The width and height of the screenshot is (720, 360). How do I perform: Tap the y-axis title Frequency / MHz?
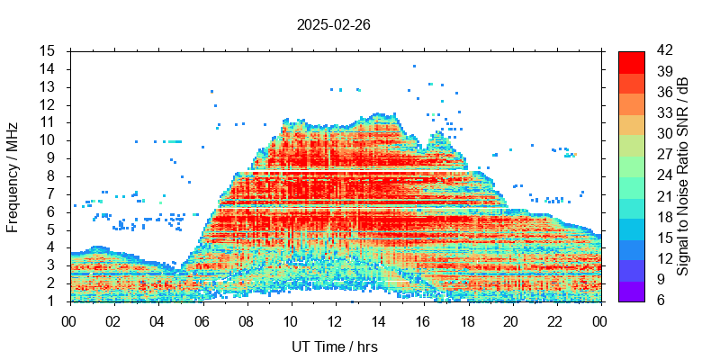[x=13, y=175]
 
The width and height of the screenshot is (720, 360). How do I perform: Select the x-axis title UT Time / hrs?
[x=335, y=346]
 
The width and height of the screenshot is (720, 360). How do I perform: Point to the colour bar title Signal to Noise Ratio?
[x=683, y=175]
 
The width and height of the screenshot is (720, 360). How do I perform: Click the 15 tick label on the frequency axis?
[x=48, y=50]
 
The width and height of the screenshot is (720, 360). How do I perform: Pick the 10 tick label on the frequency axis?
[x=48, y=139]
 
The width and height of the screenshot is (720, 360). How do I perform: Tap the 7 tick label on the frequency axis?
[x=51, y=193]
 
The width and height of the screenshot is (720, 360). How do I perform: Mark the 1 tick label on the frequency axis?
[x=51, y=301]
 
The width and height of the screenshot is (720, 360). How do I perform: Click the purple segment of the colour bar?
[x=631, y=290]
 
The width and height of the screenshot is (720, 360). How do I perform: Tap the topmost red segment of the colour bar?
[x=631, y=61]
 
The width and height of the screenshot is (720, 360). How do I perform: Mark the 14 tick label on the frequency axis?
[x=48, y=68]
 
